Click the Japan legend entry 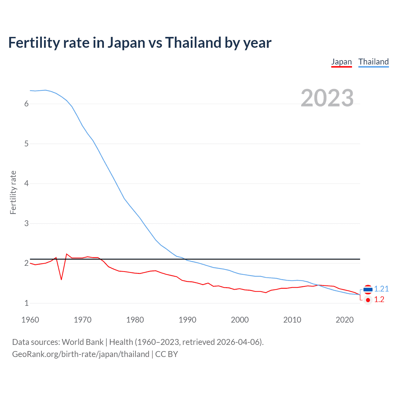coord(341,62)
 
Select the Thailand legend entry coord(373,62)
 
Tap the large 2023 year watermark coord(327,98)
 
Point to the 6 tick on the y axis coord(26,104)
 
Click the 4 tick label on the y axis coord(26,184)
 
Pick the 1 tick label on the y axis coord(26,303)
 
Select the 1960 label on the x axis coord(30,320)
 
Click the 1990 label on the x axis coord(187,320)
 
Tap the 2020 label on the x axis coord(345,320)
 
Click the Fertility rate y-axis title coord(13,192)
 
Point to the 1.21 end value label coord(381,289)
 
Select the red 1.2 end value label coord(379,300)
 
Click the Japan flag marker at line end coord(368,300)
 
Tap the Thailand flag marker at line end coord(368,289)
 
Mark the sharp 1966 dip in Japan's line coord(61,279)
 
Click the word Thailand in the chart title coord(193,43)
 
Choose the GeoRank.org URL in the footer coord(81,354)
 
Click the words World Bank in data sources coord(83,342)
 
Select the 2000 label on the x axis coord(240,320)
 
